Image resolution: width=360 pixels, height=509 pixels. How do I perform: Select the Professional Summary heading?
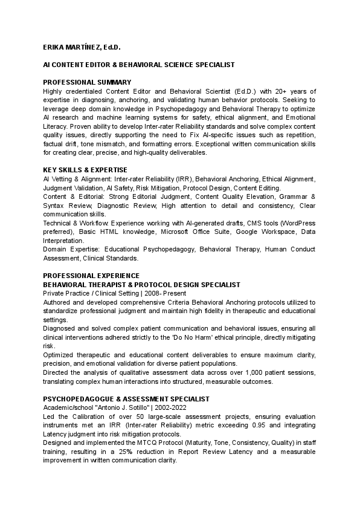point(87,82)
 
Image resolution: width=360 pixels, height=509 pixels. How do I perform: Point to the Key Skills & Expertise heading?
point(85,170)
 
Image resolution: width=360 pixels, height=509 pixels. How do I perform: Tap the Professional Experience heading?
point(91,276)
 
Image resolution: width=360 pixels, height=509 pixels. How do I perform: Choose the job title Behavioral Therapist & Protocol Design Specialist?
point(141,285)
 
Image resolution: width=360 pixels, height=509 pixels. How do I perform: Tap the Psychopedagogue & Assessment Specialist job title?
point(126,399)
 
